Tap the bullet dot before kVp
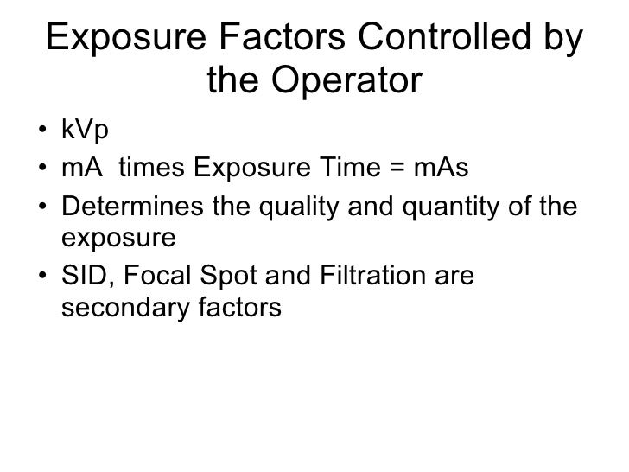click(x=42, y=133)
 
